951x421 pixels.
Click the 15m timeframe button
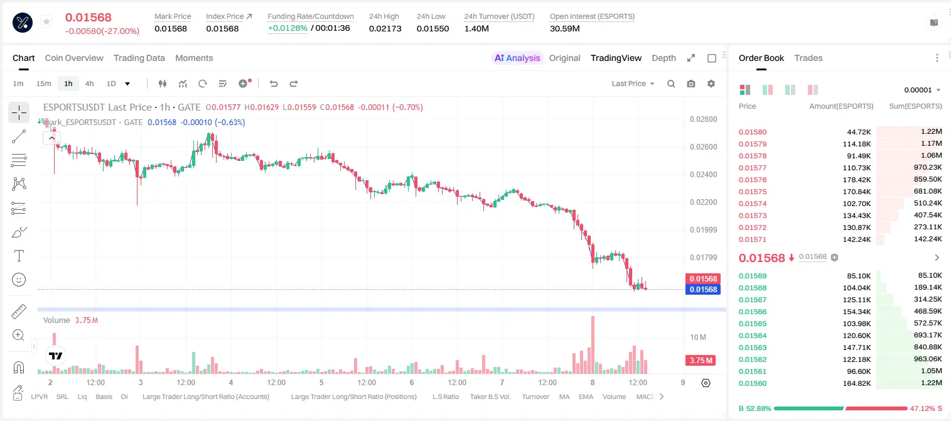(x=44, y=84)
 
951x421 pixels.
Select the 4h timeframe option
(x=89, y=84)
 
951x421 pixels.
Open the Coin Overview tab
(x=74, y=58)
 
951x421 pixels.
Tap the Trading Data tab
(x=139, y=58)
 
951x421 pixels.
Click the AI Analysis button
(x=517, y=58)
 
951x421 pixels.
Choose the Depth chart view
(x=664, y=58)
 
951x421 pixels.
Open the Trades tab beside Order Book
(x=809, y=58)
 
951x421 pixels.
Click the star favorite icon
(x=46, y=21)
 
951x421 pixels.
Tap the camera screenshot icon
(x=691, y=84)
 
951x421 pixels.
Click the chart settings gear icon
(x=711, y=84)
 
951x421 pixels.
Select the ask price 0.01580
(x=752, y=132)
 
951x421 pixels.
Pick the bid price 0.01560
(x=752, y=383)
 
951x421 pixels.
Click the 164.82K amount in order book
(x=857, y=383)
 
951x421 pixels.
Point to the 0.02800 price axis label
(x=704, y=119)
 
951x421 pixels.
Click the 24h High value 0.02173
(x=385, y=28)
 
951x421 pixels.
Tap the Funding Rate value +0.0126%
(x=287, y=28)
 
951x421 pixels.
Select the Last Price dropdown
(x=633, y=84)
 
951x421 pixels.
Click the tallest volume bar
(x=593, y=345)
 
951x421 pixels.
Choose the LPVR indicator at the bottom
(x=40, y=396)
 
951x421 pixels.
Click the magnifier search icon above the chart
(x=671, y=84)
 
